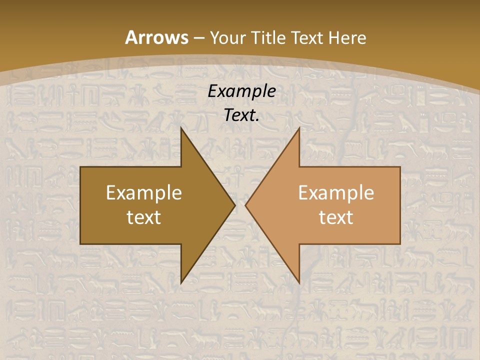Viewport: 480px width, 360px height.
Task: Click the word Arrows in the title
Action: [x=156, y=37]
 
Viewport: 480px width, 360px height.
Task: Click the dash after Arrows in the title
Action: [x=198, y=38]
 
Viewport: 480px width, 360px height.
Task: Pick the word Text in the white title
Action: [x=308, y=38]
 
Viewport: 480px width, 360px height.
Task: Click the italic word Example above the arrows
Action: [x=241, y=91]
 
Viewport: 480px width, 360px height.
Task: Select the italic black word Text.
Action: [x=240, y=115]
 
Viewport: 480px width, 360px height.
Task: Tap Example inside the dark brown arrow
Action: [x=144, y=193]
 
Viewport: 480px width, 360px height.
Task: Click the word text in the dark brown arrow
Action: [x=144, y=217]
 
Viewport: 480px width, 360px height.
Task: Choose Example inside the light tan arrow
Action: [x=336, y=193]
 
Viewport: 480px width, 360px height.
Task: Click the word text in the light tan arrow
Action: [x=336, y=217]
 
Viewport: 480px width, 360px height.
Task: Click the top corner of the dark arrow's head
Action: [x=181, y=128]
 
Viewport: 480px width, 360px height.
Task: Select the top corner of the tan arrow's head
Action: [x=299, y=128]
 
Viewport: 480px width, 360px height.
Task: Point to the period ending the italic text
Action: [x=257, y=120]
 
